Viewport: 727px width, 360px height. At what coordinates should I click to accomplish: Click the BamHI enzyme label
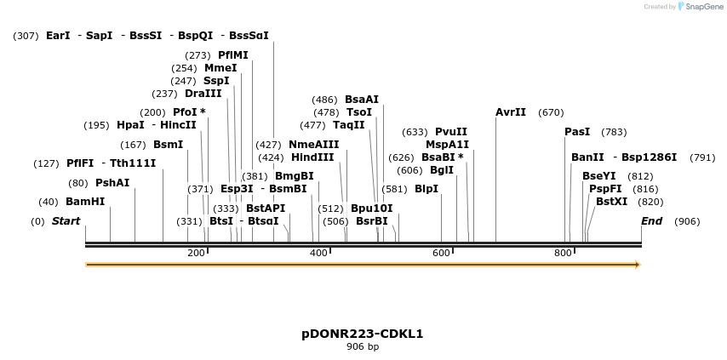85,202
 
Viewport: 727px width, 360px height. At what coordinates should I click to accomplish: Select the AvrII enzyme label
511,112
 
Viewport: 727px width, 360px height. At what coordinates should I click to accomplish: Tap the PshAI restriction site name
112,183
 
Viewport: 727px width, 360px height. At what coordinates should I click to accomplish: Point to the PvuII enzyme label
451,132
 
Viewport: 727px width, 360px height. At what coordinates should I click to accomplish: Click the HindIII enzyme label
312,157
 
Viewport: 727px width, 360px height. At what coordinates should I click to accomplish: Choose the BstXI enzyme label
611,202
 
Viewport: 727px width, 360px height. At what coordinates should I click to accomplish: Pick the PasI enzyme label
577,132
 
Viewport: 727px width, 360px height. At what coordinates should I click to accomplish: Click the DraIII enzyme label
203,94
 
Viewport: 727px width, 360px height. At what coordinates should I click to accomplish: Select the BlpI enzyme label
426,189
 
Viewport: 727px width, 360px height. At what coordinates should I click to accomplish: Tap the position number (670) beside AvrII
551,112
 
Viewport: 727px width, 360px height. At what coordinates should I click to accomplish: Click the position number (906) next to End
687,221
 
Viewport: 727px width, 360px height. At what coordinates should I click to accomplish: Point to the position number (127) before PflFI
46,163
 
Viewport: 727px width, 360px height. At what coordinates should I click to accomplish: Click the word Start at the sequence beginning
66,221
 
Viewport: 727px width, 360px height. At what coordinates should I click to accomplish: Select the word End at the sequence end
652,221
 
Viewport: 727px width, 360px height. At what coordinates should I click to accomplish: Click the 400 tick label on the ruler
318,253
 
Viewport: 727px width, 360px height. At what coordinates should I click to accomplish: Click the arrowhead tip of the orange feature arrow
638,265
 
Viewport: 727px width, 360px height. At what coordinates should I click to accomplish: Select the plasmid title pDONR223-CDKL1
363,334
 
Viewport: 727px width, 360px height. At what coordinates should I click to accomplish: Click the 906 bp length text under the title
363,346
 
